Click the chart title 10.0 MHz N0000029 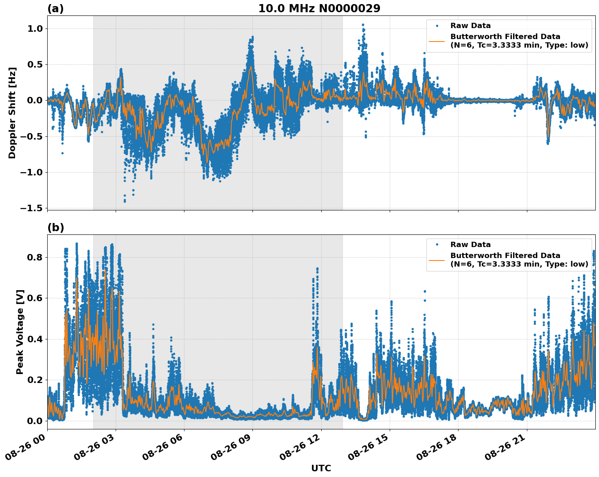coord(319,9)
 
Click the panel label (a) coord(55,9)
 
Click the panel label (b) coord(55,228)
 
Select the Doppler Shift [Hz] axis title coord(12,113)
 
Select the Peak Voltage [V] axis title coord(20,332)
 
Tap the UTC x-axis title coord(321,468)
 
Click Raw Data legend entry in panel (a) coord(470,26)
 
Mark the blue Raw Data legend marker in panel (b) coord(437,245)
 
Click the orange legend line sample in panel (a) coord(437,41)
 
